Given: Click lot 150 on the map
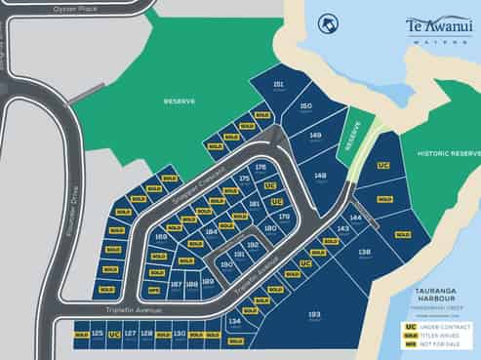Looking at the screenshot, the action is (x=305, y=106).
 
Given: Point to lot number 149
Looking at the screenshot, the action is (x=314, y=137).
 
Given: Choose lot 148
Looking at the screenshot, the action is (x=321, y=176).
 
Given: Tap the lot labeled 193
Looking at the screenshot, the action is (x=314, y=315).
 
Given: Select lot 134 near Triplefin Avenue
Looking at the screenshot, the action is (x=234, y=320).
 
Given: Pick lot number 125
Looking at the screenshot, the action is (x=97, y=334).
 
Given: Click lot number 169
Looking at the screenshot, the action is (x=162, y=236).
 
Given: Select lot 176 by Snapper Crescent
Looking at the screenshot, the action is (x=260, y=168).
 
